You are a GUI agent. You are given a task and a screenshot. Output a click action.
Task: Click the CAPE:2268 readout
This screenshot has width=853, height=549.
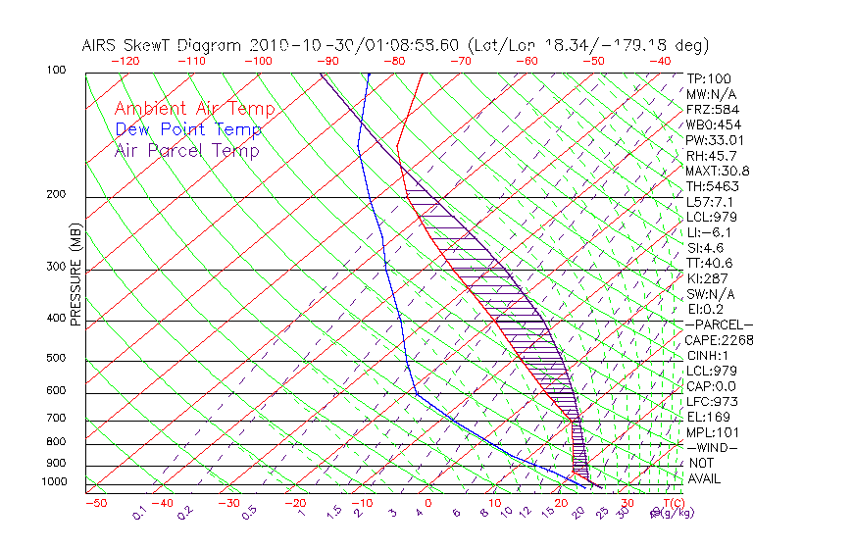[x=719, y=340]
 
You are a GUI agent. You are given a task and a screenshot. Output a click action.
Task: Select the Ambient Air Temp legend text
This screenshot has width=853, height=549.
[x=194, y=109]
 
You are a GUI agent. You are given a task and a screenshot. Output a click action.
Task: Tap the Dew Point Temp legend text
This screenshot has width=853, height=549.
[x=188, y=129]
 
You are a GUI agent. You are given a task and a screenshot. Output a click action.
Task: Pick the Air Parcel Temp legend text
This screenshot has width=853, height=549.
[x=187, y=150]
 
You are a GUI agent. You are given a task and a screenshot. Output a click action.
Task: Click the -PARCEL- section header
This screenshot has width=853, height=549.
[x=719, y=324]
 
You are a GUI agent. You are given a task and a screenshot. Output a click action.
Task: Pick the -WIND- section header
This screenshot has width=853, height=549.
[x=712, y=447]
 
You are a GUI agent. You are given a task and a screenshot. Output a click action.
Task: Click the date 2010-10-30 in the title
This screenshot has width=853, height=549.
[x=291, y=45]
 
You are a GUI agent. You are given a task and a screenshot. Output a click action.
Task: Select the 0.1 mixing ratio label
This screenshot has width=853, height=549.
[x=138, y=511]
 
